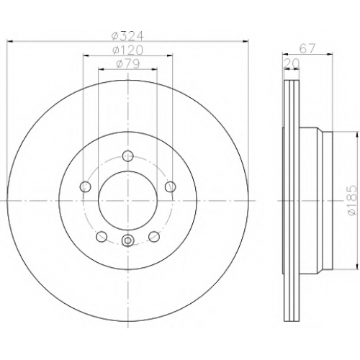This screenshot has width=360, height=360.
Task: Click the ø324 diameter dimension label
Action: pyautogui.click(x=127, y=36)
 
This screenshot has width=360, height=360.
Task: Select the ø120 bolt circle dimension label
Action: pyautogui.click(x=127, y=50)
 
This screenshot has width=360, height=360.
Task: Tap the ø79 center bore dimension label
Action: pyautogui.click(x=127, y=64)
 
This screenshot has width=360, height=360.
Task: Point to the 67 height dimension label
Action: pyautogui.click(x=307, y=49)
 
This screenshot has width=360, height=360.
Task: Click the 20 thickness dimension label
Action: pyautogui.click(x=292, y=63)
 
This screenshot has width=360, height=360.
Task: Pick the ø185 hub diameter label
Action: pyautogui.click(x=352, y=201)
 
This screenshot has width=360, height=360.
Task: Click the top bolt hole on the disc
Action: pyautogui.click(x=128, y=156)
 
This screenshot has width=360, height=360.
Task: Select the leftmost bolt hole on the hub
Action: pyautogui.click(x=85, y=186)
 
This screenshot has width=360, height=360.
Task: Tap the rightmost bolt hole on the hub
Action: pyautogui.click(x=171, y=186)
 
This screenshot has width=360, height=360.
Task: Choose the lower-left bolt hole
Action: pyautogui.click(x=102, y=237)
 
